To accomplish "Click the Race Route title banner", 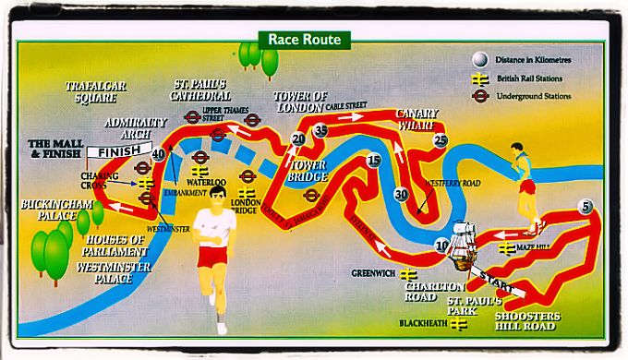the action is click(x=305, y=40).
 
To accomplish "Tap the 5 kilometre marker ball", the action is click(x=586, y=207).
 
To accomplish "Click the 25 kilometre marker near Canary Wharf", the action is click(x=441, y=140).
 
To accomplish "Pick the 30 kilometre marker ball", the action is click(x=400, y=195).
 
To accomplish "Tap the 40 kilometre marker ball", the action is click(x=159, y=154).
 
